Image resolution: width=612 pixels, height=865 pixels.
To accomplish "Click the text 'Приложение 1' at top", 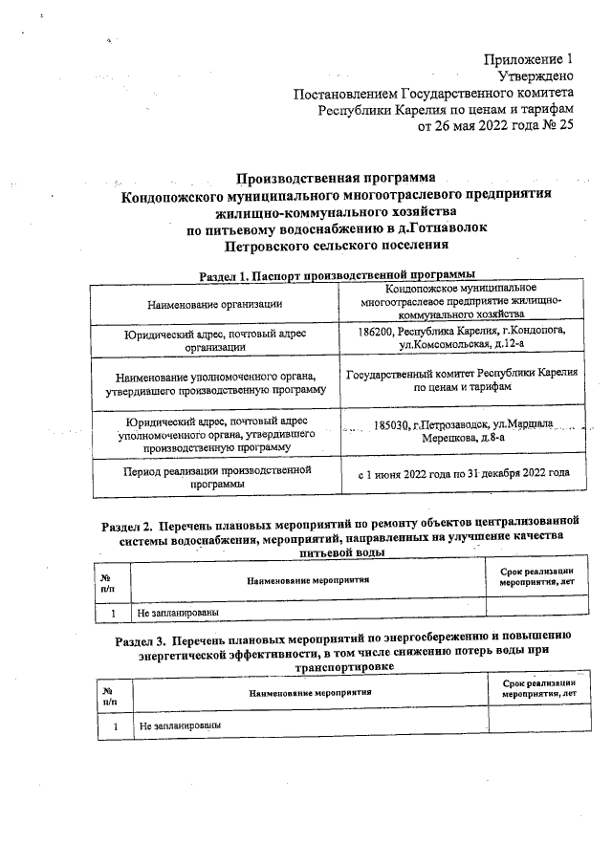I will click(530, 59).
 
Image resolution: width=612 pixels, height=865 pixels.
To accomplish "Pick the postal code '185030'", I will click(393, 426).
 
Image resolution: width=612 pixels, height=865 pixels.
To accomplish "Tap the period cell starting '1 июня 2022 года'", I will click(463, 472).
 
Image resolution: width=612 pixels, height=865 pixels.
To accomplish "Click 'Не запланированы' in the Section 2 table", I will click(179, 611).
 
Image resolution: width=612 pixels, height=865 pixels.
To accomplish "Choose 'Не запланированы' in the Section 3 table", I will click(179, 726).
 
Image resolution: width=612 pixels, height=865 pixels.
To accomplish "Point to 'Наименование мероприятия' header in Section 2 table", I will click(308, 579).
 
